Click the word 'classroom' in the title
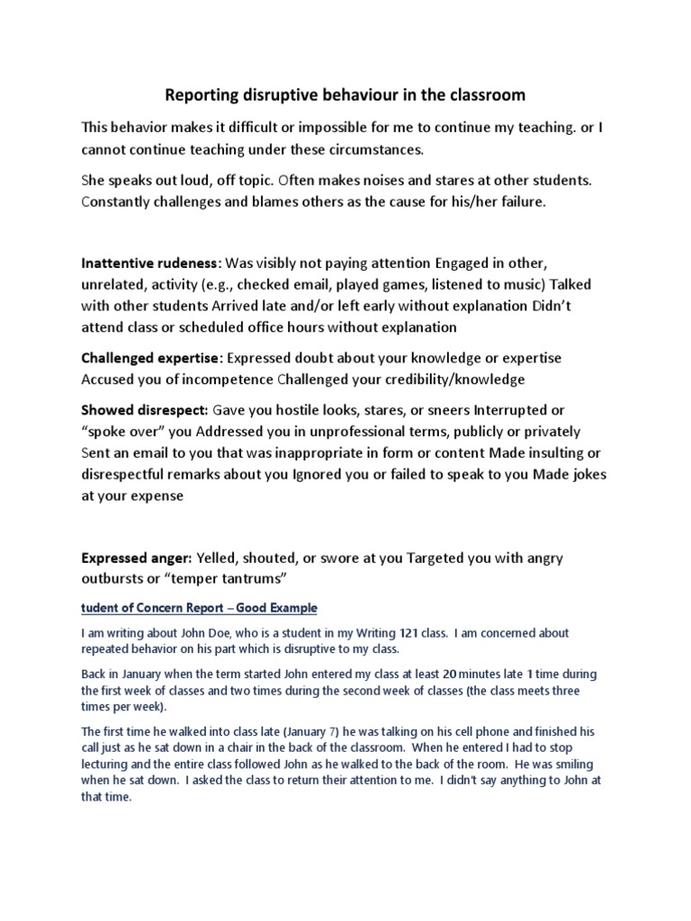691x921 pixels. click(488, 94)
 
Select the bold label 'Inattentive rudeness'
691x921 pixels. click(150, 264)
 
